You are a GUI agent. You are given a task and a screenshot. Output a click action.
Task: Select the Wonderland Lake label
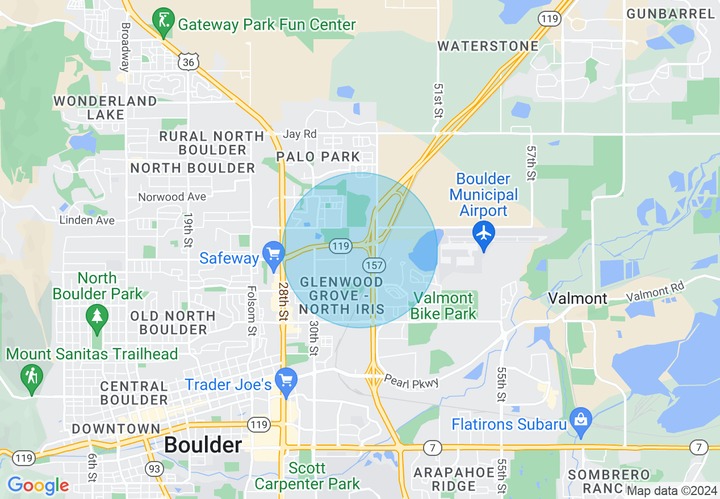(x=105, y=108)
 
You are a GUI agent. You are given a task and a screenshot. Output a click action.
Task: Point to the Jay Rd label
(x=299, y=134)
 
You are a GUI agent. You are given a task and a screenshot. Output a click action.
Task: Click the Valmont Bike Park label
(x=443, y=305)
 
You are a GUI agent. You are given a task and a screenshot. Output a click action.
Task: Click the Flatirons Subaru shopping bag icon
(x=580, y=420)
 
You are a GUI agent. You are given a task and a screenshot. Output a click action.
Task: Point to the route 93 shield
(x=153, y=468)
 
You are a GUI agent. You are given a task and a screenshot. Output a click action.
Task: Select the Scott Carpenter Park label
(x=307, y=476)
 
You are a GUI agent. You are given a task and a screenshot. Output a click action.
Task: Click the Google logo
(x=38, y=485)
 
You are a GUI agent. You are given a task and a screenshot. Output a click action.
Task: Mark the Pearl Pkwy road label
(x=411, y=382)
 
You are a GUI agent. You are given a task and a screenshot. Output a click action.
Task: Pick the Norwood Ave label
(x=172, y=197)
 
